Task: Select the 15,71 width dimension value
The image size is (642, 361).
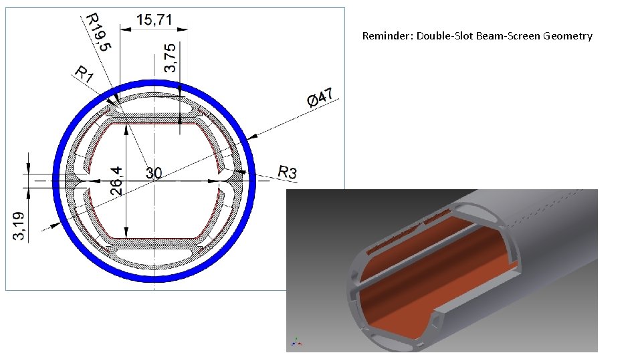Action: (x=154, y=20)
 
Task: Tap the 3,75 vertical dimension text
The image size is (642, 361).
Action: (x=172, y=57)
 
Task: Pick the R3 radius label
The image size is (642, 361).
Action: (x=287, y=172)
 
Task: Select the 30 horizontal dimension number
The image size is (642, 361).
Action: (x=154, y=173)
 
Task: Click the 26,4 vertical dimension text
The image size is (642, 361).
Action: (x=116, y=181)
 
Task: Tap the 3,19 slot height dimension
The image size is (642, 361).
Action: (x=21, y=225)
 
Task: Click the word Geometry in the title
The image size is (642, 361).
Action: (x=568, y=36)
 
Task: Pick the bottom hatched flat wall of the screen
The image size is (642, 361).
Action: (x=154, y=241)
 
